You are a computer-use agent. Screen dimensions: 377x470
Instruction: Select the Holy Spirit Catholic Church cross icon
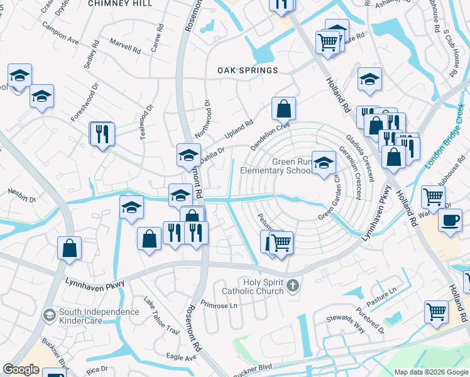[x=292, y=287]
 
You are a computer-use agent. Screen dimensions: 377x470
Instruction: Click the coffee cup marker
[x=449, y=221]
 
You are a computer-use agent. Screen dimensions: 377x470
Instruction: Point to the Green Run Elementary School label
[x=276, y=166]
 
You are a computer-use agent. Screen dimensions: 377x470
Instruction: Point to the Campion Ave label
[x=61, y=36]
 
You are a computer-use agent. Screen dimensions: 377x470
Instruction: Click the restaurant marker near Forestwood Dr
[x=101, y=133]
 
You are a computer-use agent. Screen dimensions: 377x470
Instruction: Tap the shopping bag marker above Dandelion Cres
[x=284, y=109]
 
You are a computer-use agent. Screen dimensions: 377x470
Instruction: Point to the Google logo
[x=21, y=369]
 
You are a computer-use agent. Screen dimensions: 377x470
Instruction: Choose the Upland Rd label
[x=239, y=129]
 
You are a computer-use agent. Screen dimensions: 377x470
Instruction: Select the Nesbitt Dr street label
[x=22, y=192]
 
